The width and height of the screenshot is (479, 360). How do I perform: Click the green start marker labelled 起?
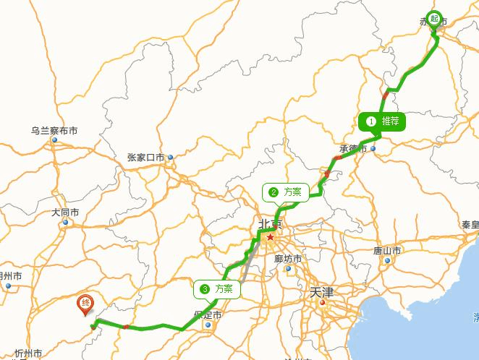[435, 19]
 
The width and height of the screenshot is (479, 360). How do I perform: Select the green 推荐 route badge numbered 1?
[381, 121]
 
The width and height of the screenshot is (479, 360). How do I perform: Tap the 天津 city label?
[320, 293]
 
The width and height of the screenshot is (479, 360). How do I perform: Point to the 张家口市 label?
[145, 157]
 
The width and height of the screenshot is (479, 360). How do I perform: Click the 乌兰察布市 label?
[54, 131]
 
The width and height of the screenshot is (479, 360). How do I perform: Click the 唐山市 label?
[387, 251]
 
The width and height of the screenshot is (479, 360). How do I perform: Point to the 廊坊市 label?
[288, 259]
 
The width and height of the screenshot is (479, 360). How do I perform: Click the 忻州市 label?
[30, 353]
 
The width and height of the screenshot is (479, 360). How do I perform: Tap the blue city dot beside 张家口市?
[171, 157]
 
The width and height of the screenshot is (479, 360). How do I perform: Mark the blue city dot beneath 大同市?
[65, 222]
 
